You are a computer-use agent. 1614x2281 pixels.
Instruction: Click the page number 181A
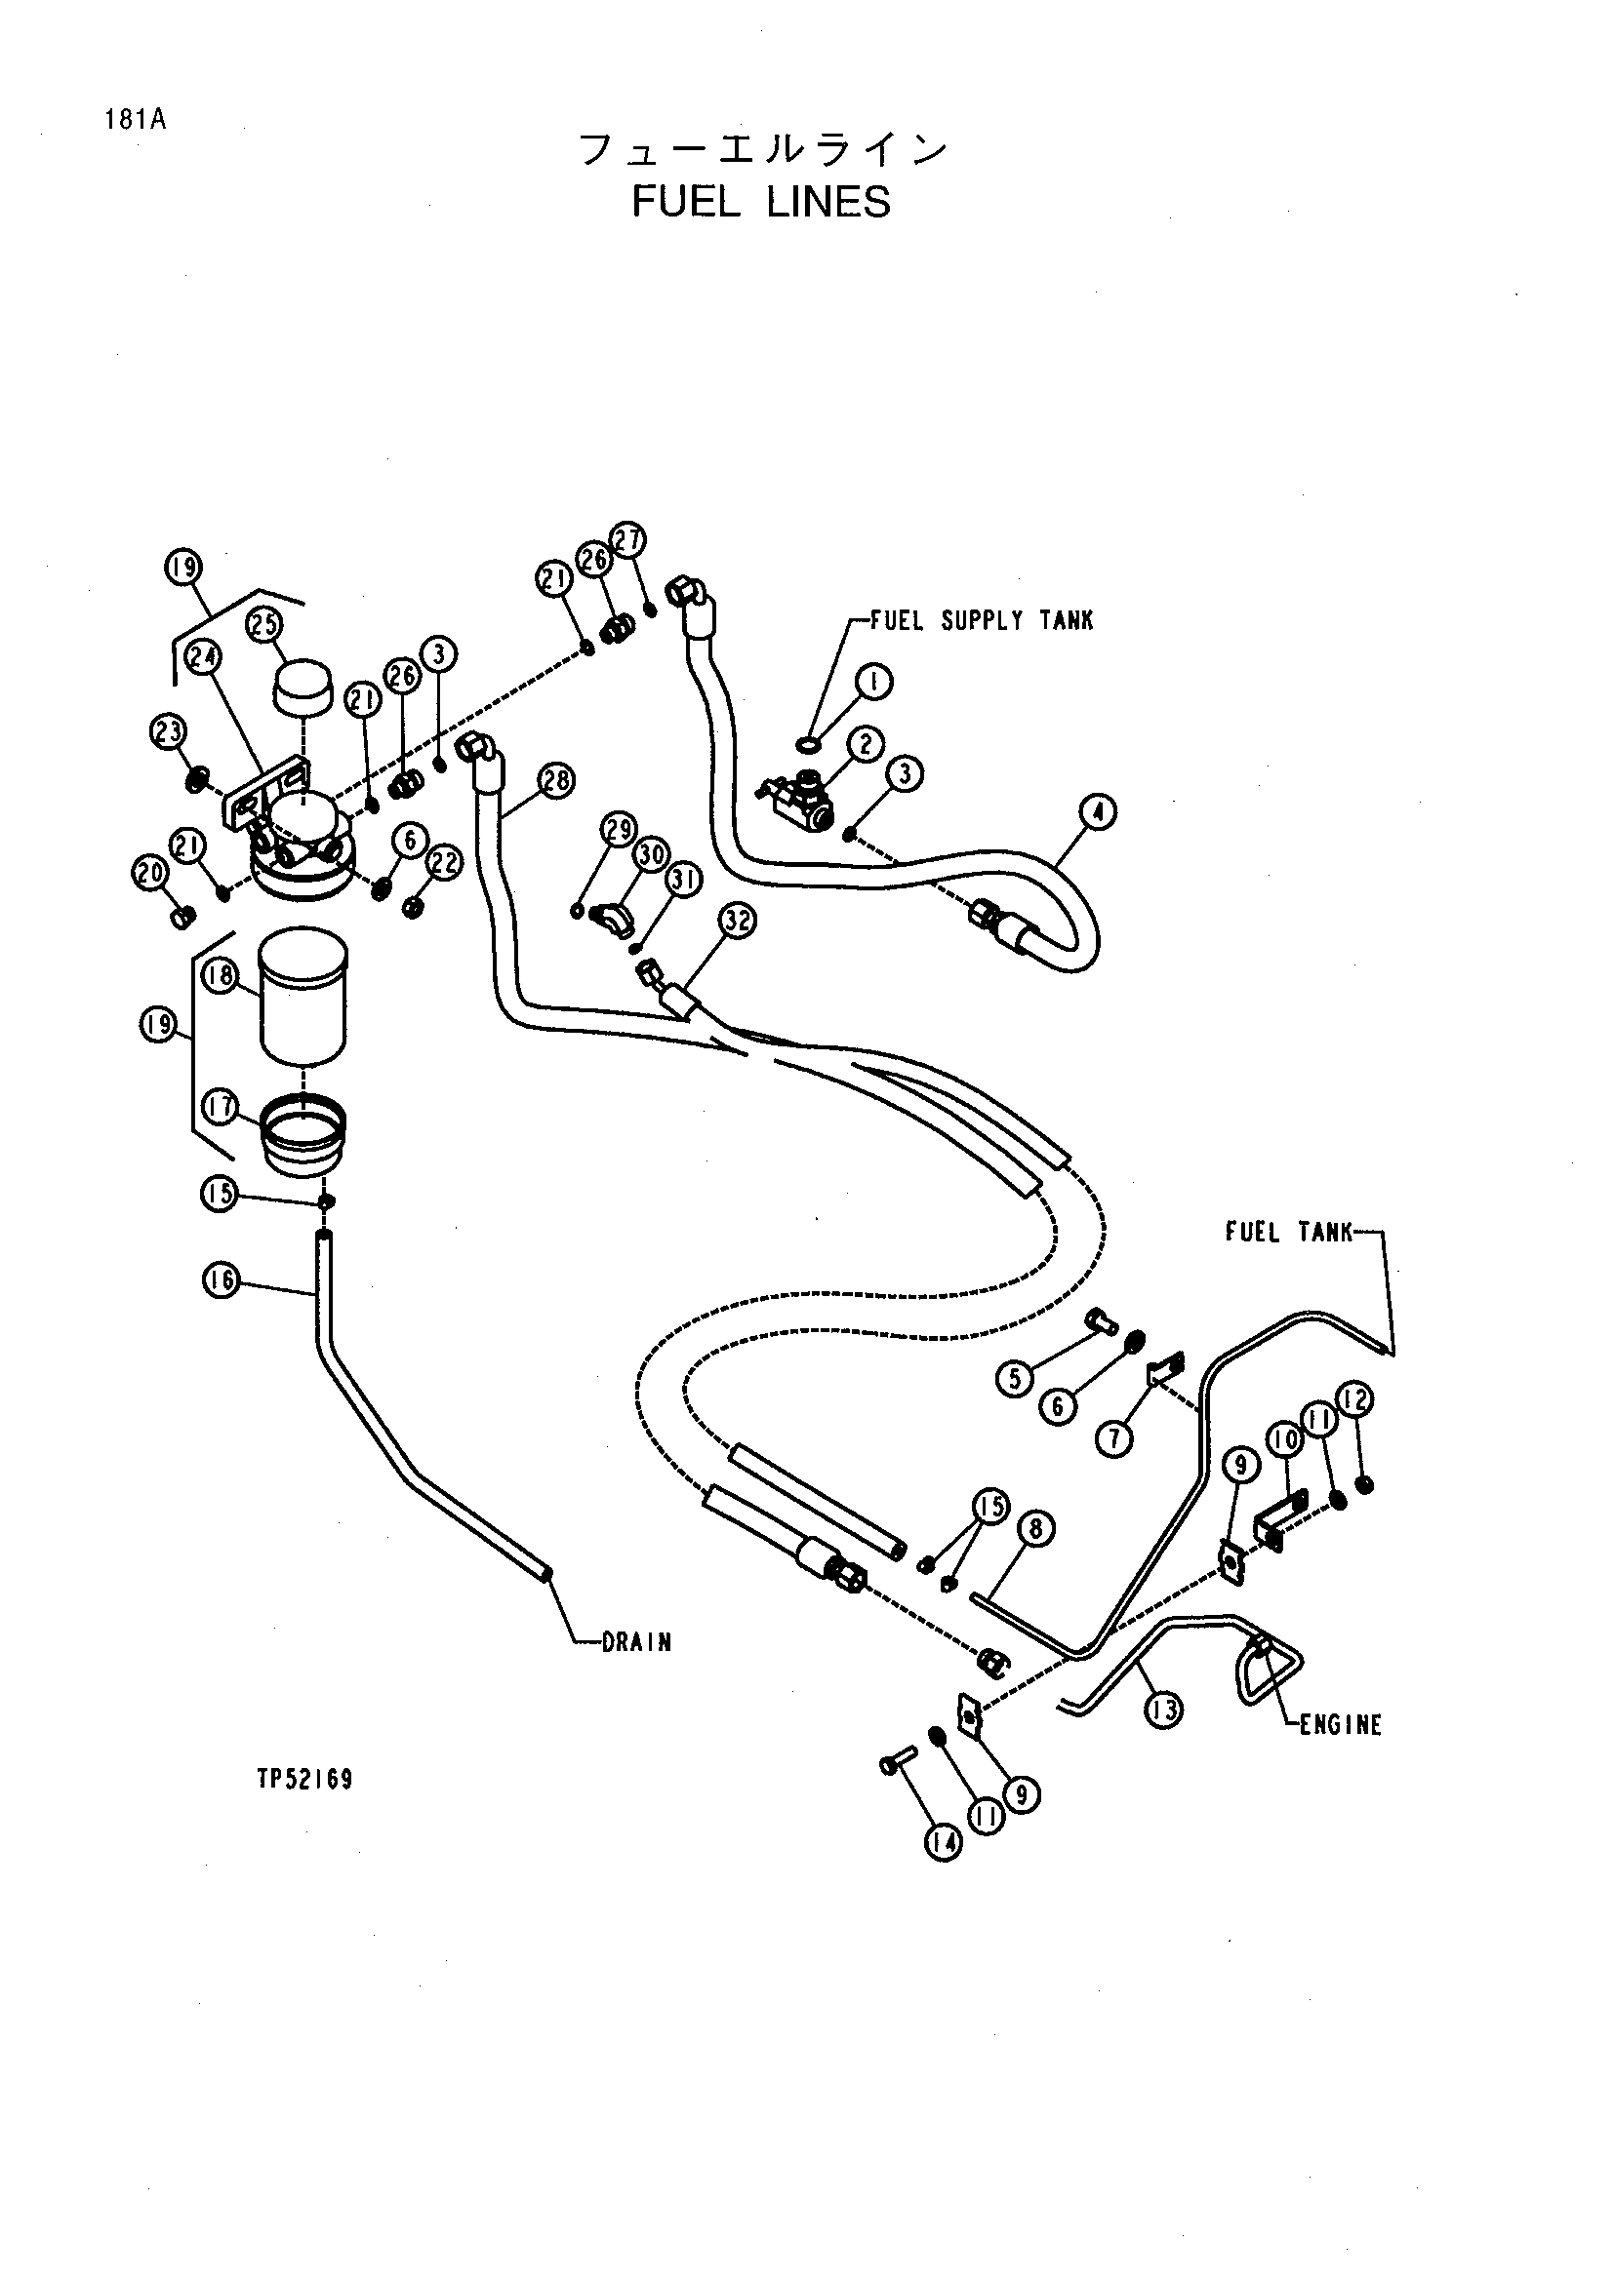pyautogui.click(x=134, y=120)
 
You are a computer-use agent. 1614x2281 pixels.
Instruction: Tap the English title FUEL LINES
pyautogui.click(x=761, y=203)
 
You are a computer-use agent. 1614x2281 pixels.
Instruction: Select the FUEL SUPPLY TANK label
pyautogui.click(x=981, y=621)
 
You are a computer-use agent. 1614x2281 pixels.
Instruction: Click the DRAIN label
pyautogui.click(x=636, y=1642)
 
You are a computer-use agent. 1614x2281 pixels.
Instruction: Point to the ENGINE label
pyautogui.click(x=1341, y=1725)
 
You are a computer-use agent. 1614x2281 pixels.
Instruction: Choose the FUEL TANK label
pyautogui.click(x=1289, y=1233)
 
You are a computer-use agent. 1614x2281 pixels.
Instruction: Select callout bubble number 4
pyautogui.click(x=1097, y=811)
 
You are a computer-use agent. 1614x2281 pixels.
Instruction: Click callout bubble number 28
pyautogui.click(x=555, y=780)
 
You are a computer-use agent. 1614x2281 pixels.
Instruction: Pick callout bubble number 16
pyautogui.click(x=221, y=1280)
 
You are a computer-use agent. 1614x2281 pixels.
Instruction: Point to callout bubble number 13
pyautogui.click(x=1163, y=1709)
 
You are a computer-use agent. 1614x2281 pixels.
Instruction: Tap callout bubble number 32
pyautogui.click(x=737, y=921)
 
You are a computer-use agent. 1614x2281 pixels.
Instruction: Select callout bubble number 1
pyautogui.click(x=873, y=682)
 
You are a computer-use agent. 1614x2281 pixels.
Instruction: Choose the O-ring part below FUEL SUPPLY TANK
pyautogui.click(x=810, y=743)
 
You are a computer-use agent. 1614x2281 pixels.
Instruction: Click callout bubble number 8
pyautogui.click(x=1035, y=1528)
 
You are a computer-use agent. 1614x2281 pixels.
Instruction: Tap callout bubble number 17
pyautogui.click(x=221, y=1106)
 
